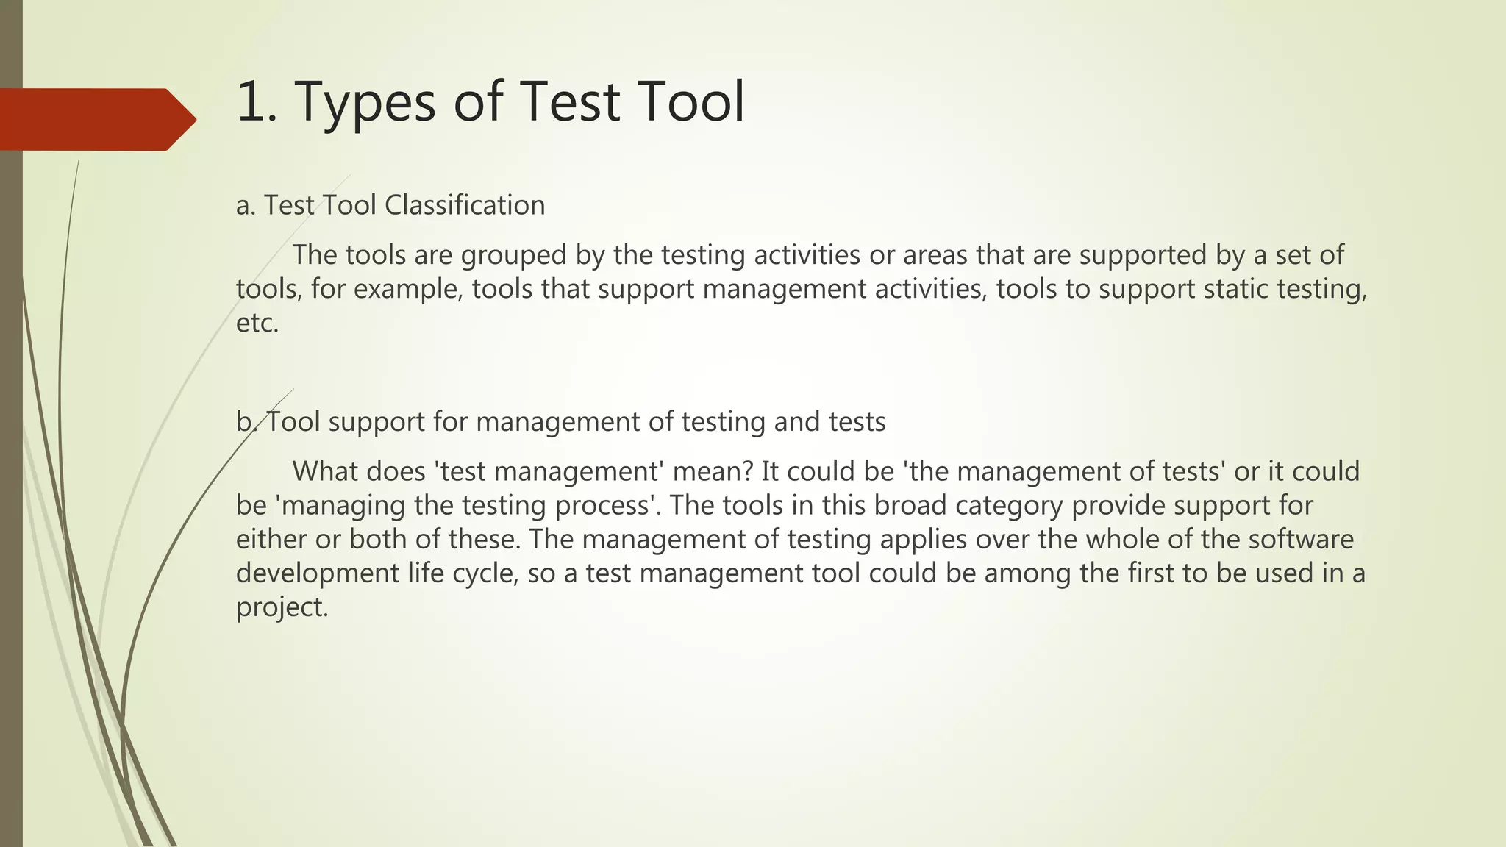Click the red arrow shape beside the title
pos(96,119)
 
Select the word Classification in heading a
pos(465,205)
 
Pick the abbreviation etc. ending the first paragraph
pos(257,323)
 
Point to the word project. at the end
pos(282,607)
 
